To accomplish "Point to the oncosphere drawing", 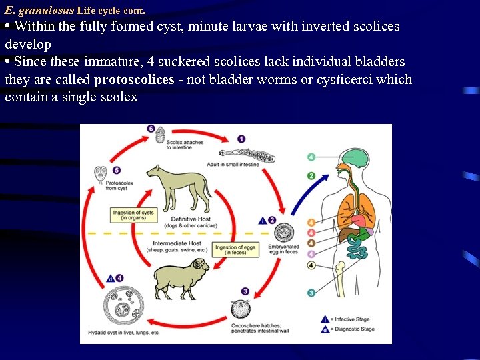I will pyautogui.click(x=241, y=310).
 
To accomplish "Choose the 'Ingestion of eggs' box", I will pyautogui.click(x=235, y=249).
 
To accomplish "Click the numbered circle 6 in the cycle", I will pyautogui.click(x=151, y=129).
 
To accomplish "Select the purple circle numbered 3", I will pyautogui.click(x=246, y=291).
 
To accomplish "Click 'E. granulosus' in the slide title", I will pyautogui.click(x=39, y=10).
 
